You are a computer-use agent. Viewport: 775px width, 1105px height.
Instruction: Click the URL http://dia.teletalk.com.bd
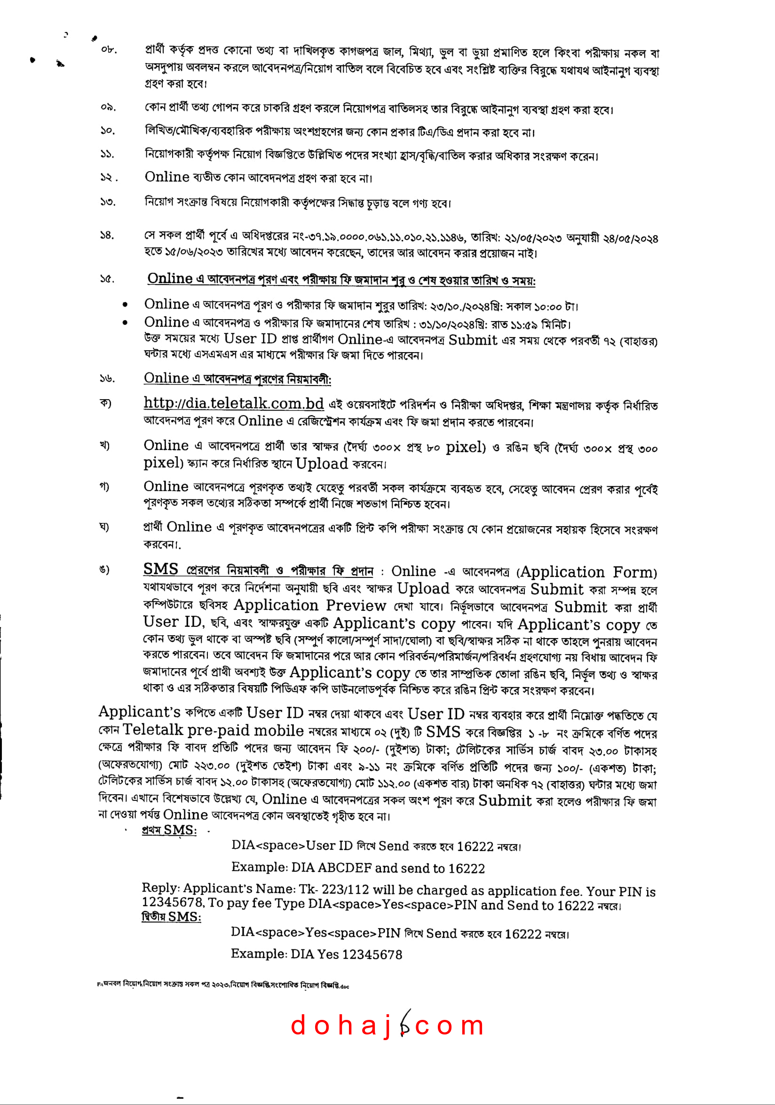click(x=233, y=403)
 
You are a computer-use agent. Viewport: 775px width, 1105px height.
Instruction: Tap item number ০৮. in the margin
click(x=109, y=49)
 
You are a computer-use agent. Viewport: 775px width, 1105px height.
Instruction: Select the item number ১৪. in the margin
click(x=107, y=236)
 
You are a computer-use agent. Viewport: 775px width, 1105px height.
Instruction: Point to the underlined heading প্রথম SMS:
click(x=169, y=830)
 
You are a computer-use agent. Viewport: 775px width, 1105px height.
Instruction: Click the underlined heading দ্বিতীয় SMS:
click(x=171, y=917)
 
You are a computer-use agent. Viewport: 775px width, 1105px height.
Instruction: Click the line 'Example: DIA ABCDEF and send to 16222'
click(x=358, y=868)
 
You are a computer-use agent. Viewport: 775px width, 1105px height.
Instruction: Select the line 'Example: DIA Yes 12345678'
click(x=316, y=954)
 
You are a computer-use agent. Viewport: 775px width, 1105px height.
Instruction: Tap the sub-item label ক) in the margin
click(x=105, y=403)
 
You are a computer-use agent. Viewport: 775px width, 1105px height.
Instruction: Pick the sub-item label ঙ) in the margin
click(x=104, y=570)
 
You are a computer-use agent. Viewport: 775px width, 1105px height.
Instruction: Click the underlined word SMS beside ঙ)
click(x=161, y=569)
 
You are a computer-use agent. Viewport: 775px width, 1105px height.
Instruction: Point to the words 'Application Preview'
click(x=309, y=606)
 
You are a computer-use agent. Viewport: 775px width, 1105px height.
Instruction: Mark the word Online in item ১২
click(x=167, y=177)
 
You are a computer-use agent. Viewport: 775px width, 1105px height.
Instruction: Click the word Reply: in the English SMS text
click(x=161, y=888)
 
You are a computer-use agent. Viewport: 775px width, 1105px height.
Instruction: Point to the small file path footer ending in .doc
click(x=223, y=985)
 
